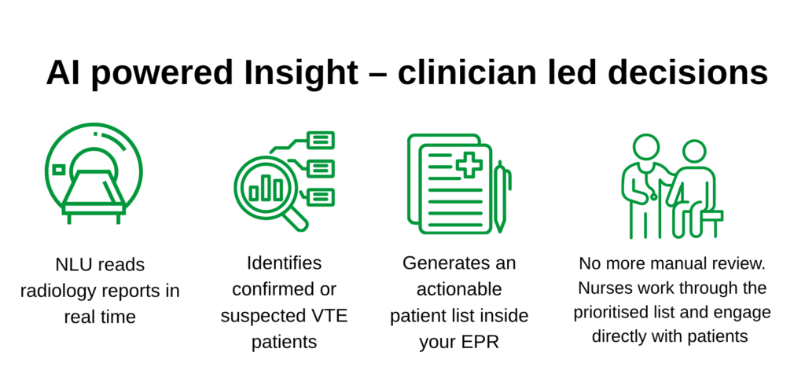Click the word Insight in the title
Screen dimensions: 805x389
pos(301,73)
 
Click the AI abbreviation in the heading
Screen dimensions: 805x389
pos(61,72)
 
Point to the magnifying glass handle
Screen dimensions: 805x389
pos(296,219)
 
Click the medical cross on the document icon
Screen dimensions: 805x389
pos(469,165)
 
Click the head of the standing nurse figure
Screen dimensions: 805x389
pos(646,147)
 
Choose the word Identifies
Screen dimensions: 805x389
pos(284,263)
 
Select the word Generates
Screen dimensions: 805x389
pos(442,263)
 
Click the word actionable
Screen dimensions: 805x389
pos(459,289)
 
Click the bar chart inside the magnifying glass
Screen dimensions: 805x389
pos(266,189)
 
